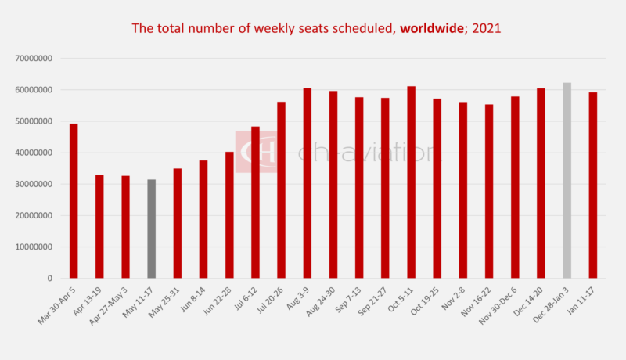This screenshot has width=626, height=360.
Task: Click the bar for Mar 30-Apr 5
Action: pos(74,201)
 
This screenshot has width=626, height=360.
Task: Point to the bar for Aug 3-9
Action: pos(308,183)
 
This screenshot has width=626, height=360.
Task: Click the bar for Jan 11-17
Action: pos(593,185)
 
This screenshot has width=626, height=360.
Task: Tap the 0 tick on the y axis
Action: pos(49,279)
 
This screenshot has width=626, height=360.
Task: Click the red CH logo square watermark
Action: pos(256,151)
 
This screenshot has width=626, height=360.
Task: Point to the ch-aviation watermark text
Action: pos(365,152)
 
